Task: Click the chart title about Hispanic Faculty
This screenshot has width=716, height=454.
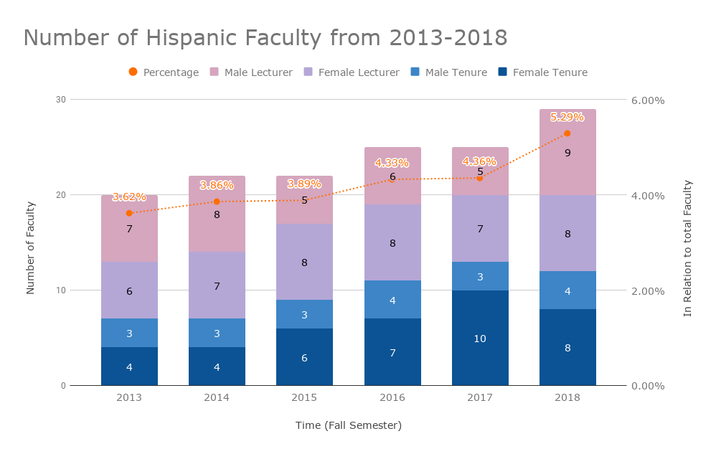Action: click(x=265, y=37)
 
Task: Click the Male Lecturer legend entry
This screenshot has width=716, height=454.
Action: click(x=251, y=72)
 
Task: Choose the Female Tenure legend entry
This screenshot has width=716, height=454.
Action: click(x=542, y=72)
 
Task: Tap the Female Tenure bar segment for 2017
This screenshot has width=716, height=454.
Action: click(x=480, y=338)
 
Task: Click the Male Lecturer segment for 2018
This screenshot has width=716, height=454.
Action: click(x=567, y=152)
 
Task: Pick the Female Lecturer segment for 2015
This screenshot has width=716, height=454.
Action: click(x=304, y=262)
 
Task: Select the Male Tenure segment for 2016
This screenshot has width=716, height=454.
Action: click(x=392, y=300)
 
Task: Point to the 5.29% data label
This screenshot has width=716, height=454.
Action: click(x=567, y=117)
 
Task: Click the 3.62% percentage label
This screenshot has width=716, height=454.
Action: click(x=129, y=197)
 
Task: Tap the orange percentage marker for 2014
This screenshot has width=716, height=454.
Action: click(x=217, y=202)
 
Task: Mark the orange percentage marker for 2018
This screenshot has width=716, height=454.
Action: click(x=567, y=133)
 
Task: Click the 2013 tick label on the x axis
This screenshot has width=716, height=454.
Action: click(x=129, y=397)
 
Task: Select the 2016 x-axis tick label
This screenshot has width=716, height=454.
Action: click(x=392, y=397)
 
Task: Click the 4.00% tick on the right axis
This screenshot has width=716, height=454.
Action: click(x=647, y=196)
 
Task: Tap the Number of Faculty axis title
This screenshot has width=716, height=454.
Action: click(x=30, y=248)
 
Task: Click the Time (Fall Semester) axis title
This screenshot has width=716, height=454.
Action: click(x=349, y=425)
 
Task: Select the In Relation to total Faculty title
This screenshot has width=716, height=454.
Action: click(x=687, y=248)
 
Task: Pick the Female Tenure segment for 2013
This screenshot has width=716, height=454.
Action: click(x=129, y=366)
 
